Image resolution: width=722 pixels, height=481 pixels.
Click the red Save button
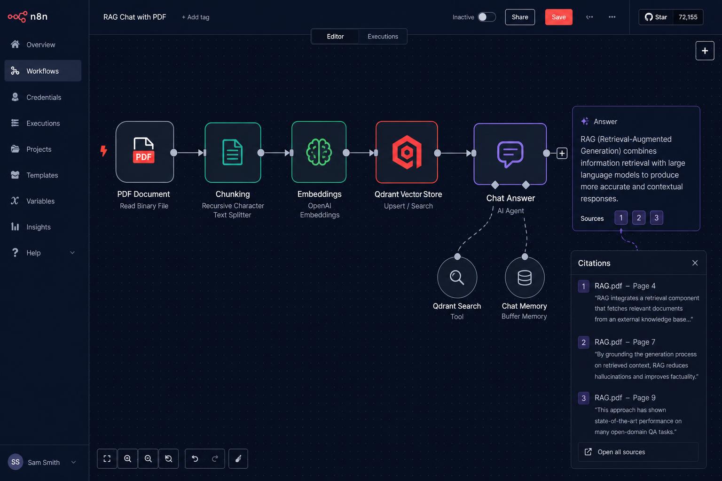click(558, 17)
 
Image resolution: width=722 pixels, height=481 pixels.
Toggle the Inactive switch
click(487, 17)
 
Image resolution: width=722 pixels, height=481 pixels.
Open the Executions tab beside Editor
click(383, 37)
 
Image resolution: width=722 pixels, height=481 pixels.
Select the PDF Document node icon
click(145, 152)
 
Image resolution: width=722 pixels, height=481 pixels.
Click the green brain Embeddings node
click(319, 152)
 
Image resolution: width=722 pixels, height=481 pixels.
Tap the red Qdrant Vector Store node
click(407, 152)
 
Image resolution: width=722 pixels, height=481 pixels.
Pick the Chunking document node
click(233, 152)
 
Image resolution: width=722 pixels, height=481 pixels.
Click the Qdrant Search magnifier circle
click(457, 278)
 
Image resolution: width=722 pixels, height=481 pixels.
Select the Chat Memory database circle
click(525, 278)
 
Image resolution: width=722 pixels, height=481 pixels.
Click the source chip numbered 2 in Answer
click(638, 218)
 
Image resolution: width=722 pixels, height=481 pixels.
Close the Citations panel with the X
click(695, 263)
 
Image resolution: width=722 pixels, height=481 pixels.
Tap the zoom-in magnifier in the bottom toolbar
click(128, 458)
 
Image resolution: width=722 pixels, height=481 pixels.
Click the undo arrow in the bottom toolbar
click(195, 458)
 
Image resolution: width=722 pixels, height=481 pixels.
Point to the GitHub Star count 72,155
click(688, 17)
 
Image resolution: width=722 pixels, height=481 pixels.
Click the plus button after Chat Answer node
click(562, 153)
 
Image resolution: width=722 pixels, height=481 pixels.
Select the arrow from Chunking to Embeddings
click(275, 153)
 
